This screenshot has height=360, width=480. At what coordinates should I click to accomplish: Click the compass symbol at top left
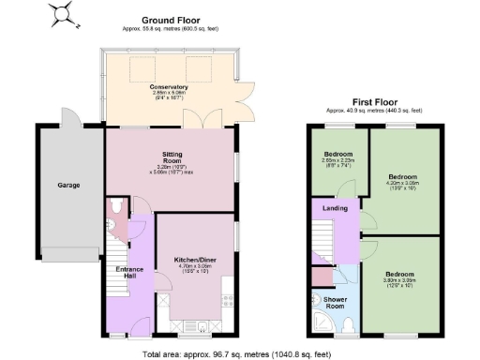(65, 13)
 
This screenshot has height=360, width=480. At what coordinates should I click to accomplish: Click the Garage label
(67, 185)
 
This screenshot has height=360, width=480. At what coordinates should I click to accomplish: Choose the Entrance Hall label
(129, 274)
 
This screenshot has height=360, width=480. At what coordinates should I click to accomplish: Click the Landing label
(337, 209)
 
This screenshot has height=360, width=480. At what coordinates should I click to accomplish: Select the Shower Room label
(335, 303)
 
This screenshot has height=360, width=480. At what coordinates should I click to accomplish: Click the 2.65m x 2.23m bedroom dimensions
(338, 162)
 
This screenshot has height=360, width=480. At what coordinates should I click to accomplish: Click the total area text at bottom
(236, 353)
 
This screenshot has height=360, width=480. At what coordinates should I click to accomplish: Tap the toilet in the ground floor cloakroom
(114, 207)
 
